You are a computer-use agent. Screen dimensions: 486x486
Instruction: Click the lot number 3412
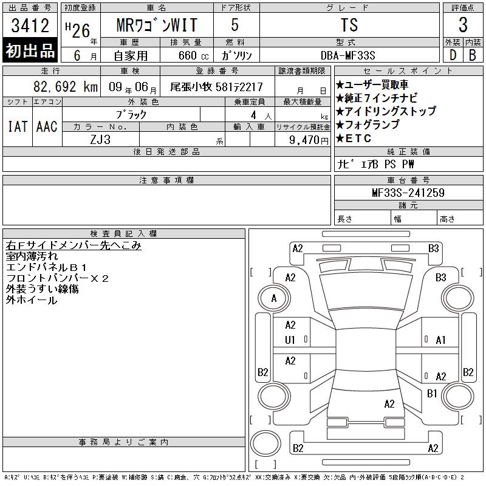(x=30, y=26)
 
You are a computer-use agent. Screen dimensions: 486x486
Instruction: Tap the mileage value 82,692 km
(x=66, y=87)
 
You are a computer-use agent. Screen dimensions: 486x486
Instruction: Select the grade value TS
(x=349, y=25)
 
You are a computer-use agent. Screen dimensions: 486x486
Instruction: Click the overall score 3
(x=463, y=25)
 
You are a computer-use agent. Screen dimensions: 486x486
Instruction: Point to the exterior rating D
(x=453, y=55)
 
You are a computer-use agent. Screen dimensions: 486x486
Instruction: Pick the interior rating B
(x=473, y=55)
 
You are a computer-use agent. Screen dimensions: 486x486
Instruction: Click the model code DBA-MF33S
(x=347, y=55)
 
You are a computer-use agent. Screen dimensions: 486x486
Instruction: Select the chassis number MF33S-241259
(x=408, y=193)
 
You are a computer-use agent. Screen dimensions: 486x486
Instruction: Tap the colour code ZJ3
(x=100, y=140)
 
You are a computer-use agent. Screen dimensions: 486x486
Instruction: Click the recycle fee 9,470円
(x=309, y=140)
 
